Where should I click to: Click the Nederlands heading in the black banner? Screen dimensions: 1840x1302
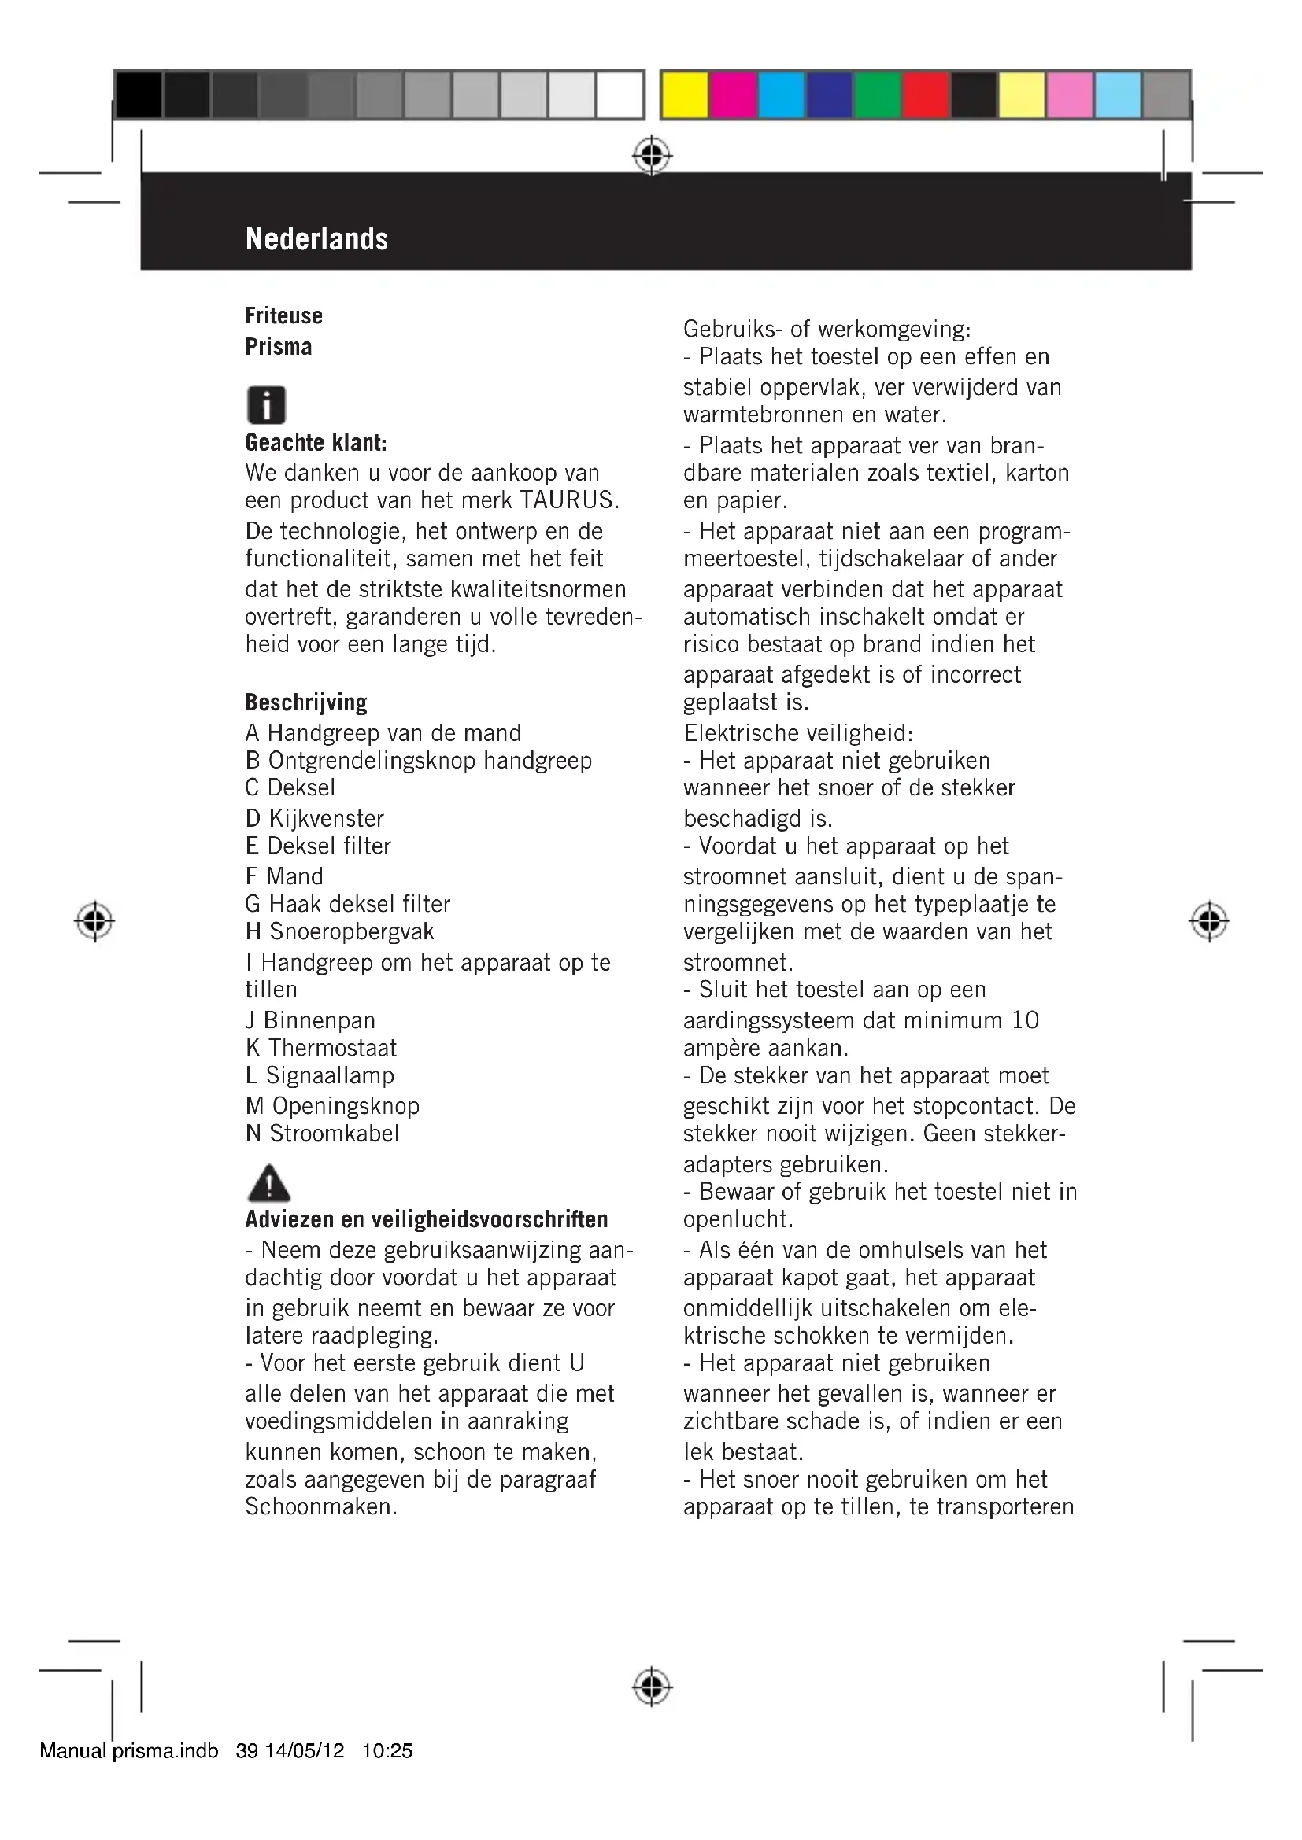[316, 239]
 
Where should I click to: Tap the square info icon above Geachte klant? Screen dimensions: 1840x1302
[266, 404]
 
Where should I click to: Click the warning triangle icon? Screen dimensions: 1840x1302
[269, 1182]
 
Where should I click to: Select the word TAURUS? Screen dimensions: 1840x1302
[568, 500]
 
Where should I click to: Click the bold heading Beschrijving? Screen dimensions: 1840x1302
[305, 702]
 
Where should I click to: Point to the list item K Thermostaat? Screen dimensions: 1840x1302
[320, 1047]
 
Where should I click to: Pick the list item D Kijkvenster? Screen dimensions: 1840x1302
[314, 818]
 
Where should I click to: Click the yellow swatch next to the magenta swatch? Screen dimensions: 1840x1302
[685, 95]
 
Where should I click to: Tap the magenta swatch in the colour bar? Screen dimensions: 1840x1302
[733, 95]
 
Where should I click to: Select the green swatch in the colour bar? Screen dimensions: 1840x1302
[877, 95]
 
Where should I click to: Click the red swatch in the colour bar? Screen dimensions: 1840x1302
[925, 95]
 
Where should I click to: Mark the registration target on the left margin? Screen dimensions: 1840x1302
[94, 922]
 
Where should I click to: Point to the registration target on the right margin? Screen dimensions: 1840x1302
[1209, 922]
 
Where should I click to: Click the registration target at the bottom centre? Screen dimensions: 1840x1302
[652, 1687]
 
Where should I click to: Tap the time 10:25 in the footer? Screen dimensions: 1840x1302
[387, 1751]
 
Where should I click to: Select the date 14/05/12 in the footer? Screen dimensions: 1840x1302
[305, 1751]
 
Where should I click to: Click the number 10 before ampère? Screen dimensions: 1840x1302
[1025, 1020]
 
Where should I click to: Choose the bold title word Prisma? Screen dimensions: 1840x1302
[278, 347]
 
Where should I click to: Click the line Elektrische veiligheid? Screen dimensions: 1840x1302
[797, 732]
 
